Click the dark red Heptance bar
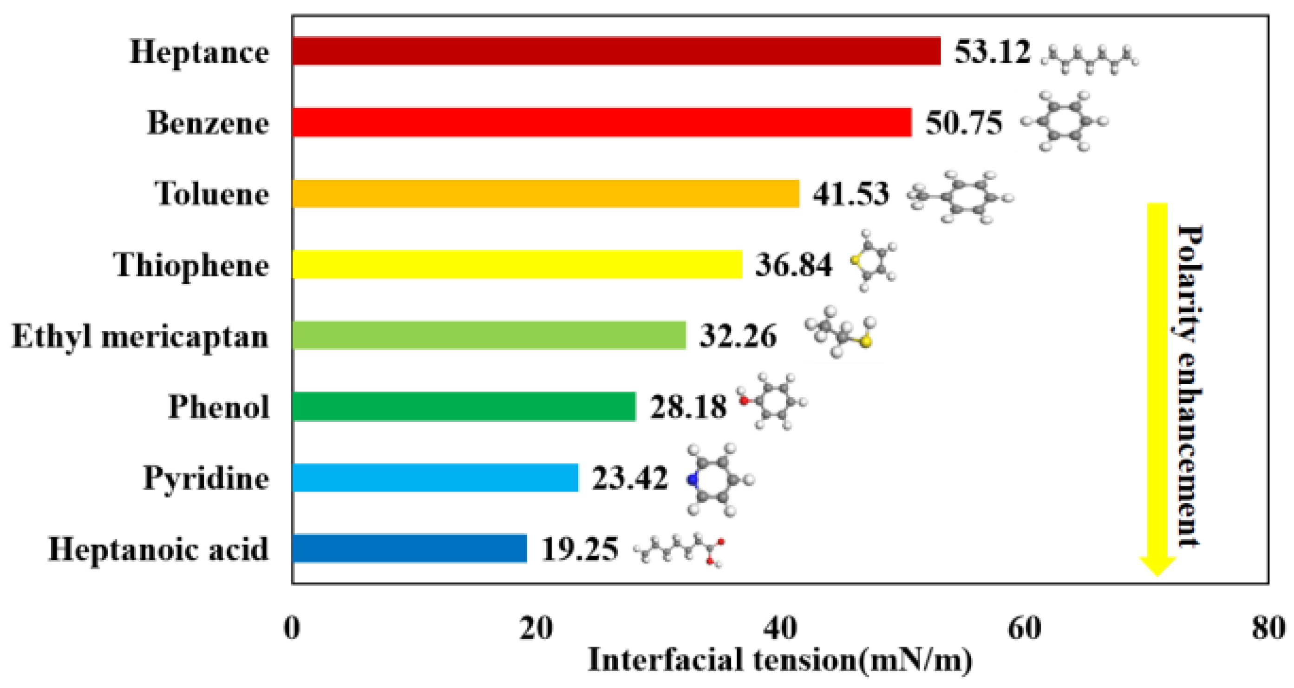click(616, 51)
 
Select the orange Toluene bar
click(546, 193)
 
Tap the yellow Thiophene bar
click(517, 264)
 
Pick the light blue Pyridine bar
click(435, 478)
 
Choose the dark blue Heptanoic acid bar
click(409, 548)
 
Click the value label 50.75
click(963, 123)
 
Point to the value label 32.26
click(738, 336)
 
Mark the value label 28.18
click(688, 406)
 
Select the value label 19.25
click(579, 549)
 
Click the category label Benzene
click(208, 123)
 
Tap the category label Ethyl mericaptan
click(140, 336)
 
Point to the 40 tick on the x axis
click(780, 628)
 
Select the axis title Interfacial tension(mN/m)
click(780, 660)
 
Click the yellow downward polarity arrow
click(1157, 387)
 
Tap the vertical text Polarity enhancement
click(1189, 386)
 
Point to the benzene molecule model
click(1064, 121)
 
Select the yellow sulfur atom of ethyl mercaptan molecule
click(865, 342)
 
